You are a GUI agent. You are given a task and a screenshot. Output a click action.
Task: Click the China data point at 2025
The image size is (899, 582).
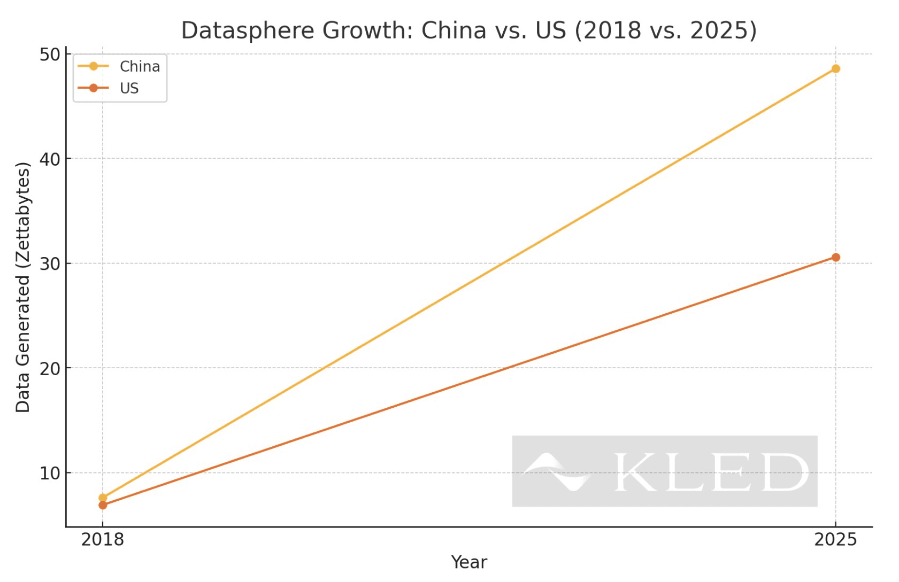click(x=835, y=68)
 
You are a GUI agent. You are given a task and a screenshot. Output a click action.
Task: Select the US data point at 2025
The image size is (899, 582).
click(x=835, y=257)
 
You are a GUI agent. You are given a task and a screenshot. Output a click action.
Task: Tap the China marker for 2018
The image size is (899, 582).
click(x=103, y=498)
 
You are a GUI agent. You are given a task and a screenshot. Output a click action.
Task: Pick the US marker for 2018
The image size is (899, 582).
click(x=103, y=505)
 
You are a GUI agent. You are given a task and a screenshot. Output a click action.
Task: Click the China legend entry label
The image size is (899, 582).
click(x=140, y=66)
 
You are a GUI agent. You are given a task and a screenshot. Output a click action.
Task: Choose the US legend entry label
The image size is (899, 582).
click(x=129, y=88)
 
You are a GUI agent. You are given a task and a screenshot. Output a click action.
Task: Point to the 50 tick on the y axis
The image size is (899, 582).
click(x=50, y=55)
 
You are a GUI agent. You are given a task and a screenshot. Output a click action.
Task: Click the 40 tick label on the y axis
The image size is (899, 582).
click(x=50, y=159)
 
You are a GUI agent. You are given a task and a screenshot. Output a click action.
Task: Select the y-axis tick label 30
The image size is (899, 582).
click(x=50, y=264)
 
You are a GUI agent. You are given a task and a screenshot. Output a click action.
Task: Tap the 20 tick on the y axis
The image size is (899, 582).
click(x=50, y=369)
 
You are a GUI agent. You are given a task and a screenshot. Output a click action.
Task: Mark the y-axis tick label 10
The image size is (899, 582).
click(x=50, y=474)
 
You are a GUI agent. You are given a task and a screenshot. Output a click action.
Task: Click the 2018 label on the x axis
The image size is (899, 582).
click(x=103, y=540)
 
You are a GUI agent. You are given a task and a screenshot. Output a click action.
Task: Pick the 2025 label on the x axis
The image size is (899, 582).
click(x=835, y=540)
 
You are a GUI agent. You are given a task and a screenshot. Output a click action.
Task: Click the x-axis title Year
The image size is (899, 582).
click(x=468, y=562)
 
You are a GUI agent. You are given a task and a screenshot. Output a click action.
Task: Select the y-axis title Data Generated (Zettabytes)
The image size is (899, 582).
click(x=23, y=288)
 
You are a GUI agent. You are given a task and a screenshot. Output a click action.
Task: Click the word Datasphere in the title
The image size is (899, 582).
click(x=248, y=30)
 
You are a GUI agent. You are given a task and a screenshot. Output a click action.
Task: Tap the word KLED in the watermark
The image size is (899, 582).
click(x=711, y=472)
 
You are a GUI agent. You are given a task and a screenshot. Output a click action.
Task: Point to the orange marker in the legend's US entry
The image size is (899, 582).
click(x=93, y=88)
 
